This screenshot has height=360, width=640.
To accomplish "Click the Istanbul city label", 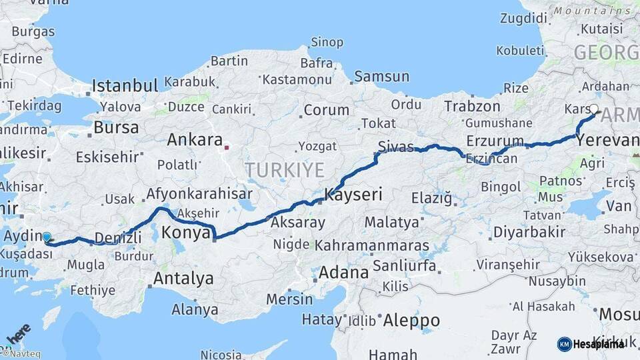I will coord(125,85).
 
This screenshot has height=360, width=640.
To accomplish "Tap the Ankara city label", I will coord(194,140).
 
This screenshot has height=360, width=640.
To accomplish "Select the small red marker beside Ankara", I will coord(227,147).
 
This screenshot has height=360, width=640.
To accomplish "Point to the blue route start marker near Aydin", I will coord(47,237).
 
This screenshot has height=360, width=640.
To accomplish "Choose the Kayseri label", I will coord(353,195).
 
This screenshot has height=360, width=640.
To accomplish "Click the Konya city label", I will coord(186,233).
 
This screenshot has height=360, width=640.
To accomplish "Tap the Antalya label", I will coord(183,277).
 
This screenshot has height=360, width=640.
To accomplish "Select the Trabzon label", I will coord(472,106).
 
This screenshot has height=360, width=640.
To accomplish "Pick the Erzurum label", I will coord(495,141).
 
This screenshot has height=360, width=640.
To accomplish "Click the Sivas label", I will coord(395,146).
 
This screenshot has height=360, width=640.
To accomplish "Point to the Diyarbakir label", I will coord(529,232).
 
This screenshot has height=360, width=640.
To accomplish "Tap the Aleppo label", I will coord(411,320).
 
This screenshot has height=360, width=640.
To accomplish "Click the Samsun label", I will coord(381,77).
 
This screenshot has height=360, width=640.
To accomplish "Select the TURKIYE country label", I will coord(284,169).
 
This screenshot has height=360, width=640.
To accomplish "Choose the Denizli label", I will coord(118,238).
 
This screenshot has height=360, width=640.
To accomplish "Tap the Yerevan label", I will coord(607,140).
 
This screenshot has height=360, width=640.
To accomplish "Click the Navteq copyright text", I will coord(21,354).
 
